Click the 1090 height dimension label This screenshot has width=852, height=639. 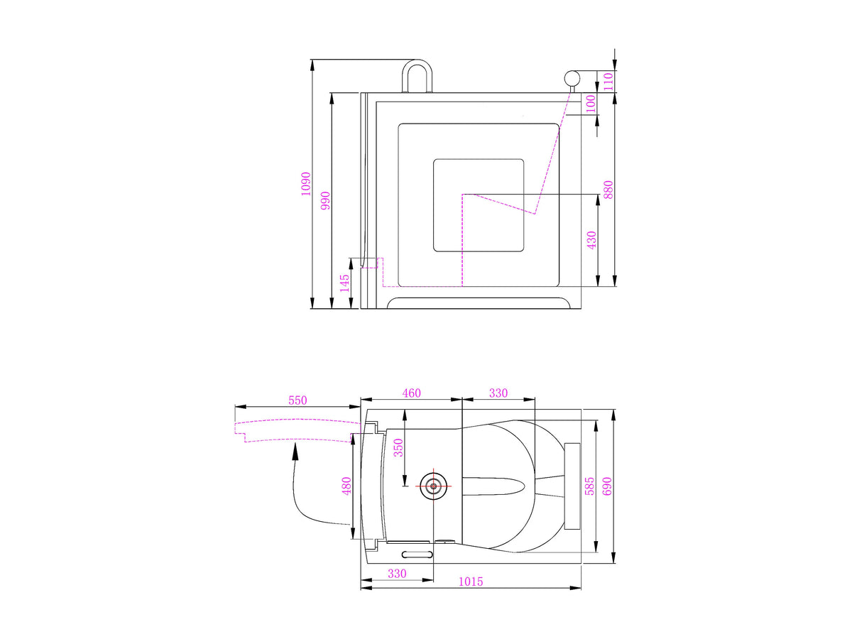point(306,183)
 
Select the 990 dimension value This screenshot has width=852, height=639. point(325,200)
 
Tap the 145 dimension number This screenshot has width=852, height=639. point(344,283)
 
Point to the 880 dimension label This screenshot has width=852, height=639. point(608,190)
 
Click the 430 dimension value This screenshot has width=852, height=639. point(591,240)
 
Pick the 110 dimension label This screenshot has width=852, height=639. point(608,81)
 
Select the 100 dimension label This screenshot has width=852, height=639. point(591,104)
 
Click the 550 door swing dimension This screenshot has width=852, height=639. point(297,400)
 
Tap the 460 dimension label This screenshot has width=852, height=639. point(411,393)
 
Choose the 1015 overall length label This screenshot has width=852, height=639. point(471,581)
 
